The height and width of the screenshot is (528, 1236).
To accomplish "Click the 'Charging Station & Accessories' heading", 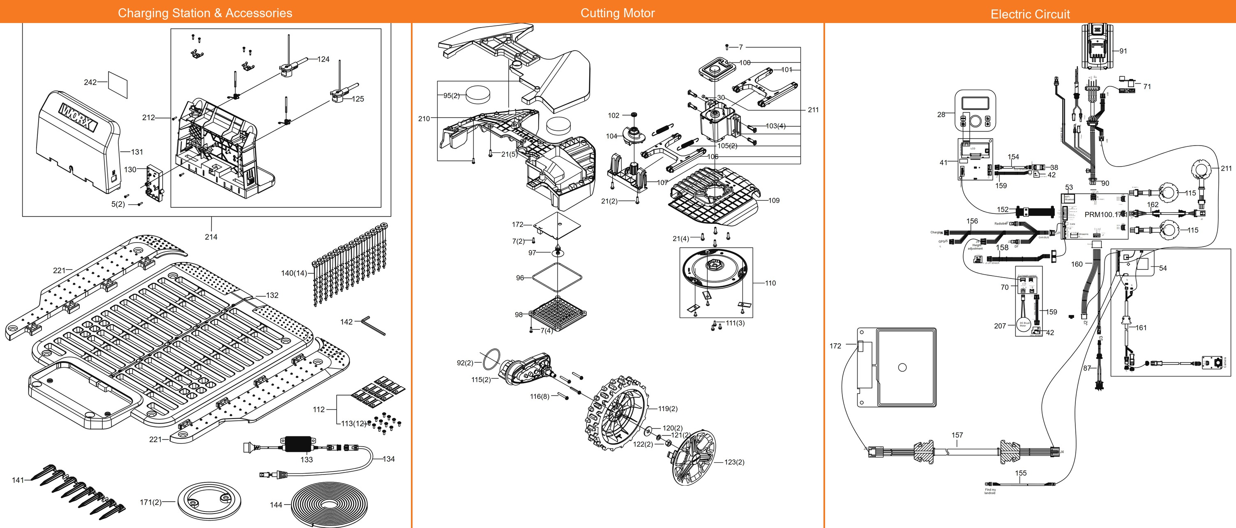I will (205, 13).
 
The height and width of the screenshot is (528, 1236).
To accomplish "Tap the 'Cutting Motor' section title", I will (618, 13).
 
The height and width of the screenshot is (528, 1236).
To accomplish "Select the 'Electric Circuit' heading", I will (1030, 14).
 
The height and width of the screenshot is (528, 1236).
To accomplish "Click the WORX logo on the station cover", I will (78, 117).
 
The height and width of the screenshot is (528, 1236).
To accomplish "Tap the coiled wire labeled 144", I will (328, 504).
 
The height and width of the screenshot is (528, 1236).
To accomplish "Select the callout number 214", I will (211, 236).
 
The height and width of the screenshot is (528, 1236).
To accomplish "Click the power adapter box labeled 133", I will (298, 444).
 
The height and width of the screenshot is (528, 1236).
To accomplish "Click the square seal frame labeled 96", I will (558, 277).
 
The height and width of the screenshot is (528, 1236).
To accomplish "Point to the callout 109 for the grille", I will (773, 201).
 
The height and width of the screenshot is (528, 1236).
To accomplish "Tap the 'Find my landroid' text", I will (990, 491).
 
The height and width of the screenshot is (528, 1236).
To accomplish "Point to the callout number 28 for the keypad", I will (941, 115).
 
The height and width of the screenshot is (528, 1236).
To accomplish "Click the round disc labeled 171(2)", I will (209, 502).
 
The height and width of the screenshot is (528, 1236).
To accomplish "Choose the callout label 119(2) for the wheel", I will (667, 409).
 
